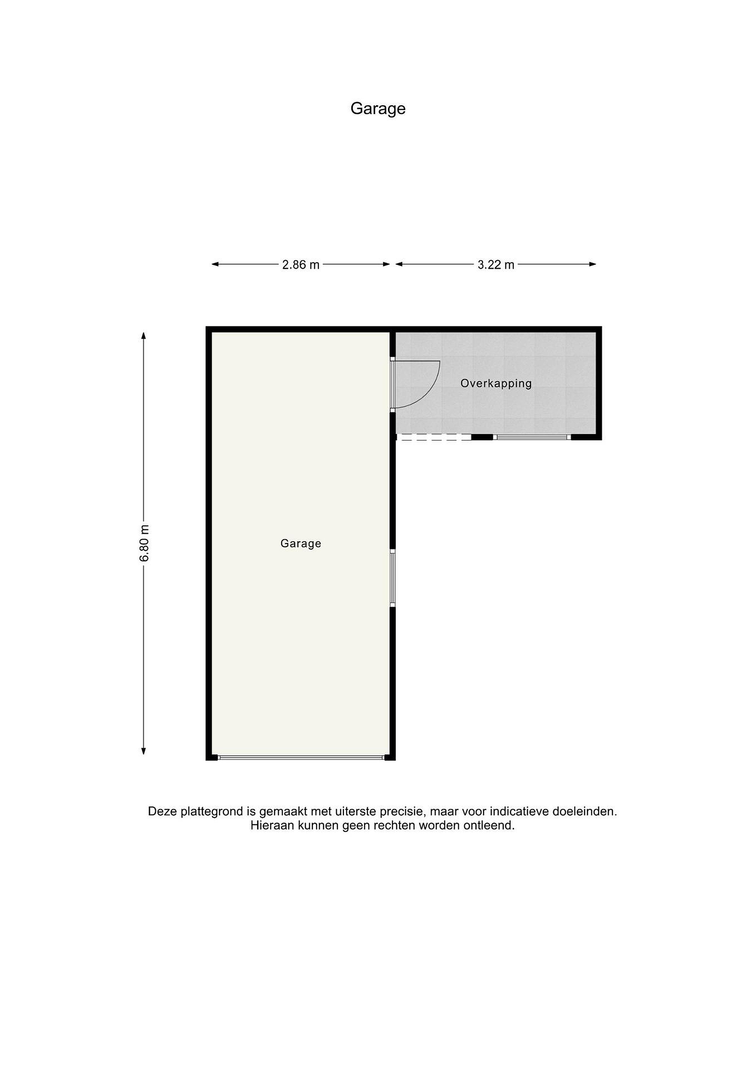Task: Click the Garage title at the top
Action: click(377, 108)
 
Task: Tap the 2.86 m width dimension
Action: click(301, 265)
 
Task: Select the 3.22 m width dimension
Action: click(496, 265)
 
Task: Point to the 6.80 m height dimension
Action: click(144, 543)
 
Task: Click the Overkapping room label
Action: click(496, 383)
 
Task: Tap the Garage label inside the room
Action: click(301, 543)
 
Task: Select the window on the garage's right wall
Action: click(392, 578)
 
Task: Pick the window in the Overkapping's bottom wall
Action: click(532, 437)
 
